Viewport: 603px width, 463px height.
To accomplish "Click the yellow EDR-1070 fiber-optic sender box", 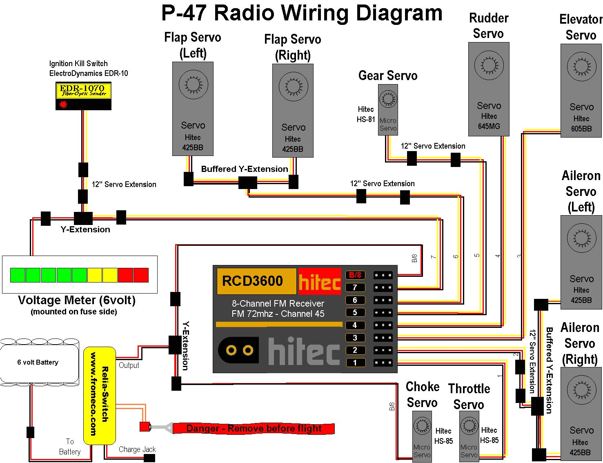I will coord(83,91).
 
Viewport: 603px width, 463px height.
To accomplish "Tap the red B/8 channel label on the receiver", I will coord(355,275).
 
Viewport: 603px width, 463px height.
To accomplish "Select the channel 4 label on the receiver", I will coord(355,325).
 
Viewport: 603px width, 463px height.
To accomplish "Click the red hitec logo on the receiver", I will coord(320,281).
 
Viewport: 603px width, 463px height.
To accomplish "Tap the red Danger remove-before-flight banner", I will coord(254,428).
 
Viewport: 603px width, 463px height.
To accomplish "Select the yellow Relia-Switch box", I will coord(100,395).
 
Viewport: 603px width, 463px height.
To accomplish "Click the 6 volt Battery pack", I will coord(39,362).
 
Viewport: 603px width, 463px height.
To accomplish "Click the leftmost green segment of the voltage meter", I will coord(18,275).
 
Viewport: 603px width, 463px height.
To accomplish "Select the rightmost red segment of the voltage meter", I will coord(141,275).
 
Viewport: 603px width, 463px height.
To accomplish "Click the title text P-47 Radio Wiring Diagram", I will coord(302,13).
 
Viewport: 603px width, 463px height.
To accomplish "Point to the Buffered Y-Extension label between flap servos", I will coord(245,169).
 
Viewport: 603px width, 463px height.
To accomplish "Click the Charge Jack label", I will coord(137,449).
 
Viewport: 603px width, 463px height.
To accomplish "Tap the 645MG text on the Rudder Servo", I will coord(489,126).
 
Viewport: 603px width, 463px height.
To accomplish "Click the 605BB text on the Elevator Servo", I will coord(581,129).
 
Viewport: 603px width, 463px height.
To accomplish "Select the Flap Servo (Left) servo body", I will coord(193,109).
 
